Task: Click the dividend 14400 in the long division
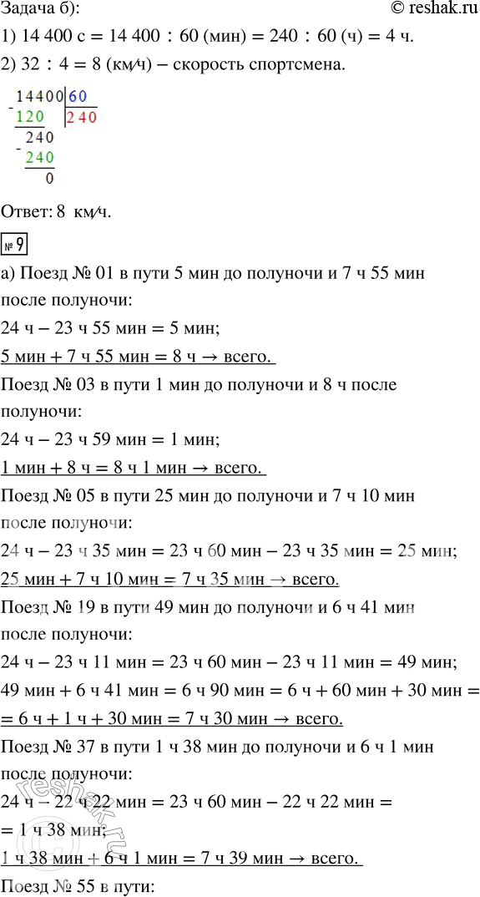[40, 96]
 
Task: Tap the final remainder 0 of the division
[50, 178]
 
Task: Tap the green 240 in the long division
[39, 158]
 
